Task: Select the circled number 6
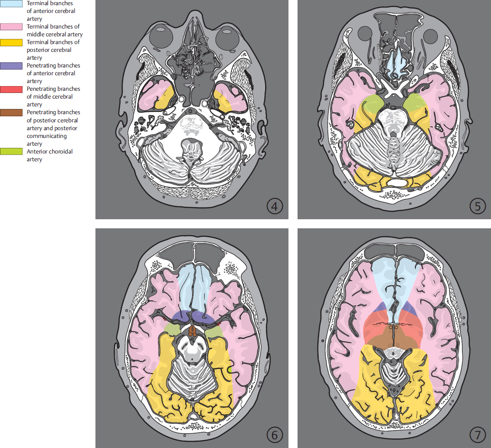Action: click(x=275, y=434)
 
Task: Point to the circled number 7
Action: click(x=477, y=434)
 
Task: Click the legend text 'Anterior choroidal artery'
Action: click(x=50, y=155)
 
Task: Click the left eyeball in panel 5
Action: click(x=365, y=34)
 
